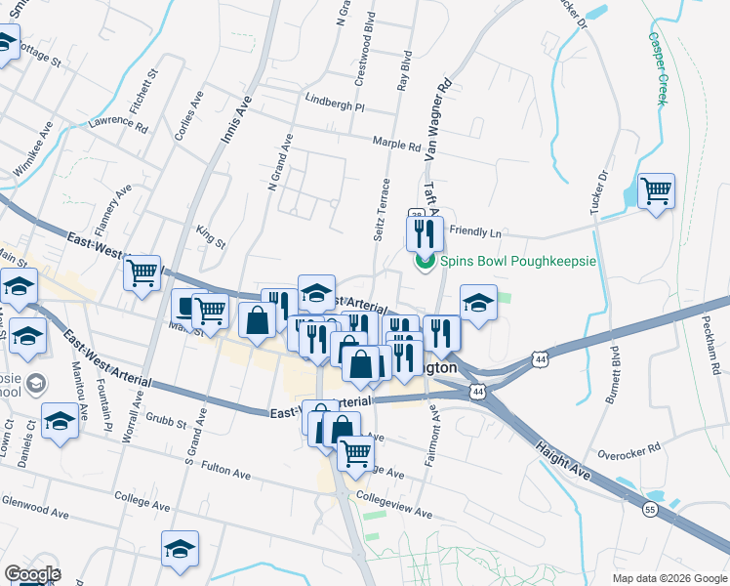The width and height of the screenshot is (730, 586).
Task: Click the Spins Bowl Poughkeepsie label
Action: (x=511, y=261)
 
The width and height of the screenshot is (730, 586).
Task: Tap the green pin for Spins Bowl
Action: (x=425, y=262)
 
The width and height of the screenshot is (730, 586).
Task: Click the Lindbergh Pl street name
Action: (x=334, y=105)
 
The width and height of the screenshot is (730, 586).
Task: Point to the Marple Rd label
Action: (x=396, y=144)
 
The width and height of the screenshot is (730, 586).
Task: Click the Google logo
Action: (x=32, y=574)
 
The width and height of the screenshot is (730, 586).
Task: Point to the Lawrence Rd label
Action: (x=117, y=124)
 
